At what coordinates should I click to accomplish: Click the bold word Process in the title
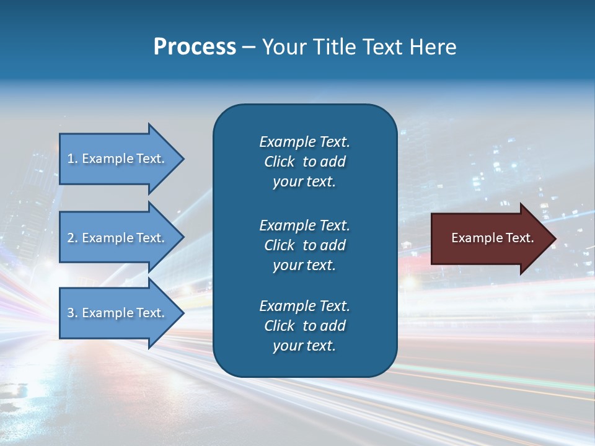pos(195,47)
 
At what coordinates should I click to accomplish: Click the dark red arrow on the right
pos(490,238)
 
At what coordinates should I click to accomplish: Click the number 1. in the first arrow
pos(73,159)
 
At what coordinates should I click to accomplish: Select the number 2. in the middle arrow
pos(73,238)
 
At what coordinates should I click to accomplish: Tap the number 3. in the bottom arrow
pos(73,313)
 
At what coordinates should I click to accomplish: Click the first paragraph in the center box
pos(304,162)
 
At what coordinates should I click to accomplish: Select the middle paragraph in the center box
pos(304,245)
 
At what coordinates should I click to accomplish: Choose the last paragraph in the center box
pos(304,326)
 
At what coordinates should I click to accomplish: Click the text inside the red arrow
pos(492,238)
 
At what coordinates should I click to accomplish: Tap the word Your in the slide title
pos(282,47)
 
